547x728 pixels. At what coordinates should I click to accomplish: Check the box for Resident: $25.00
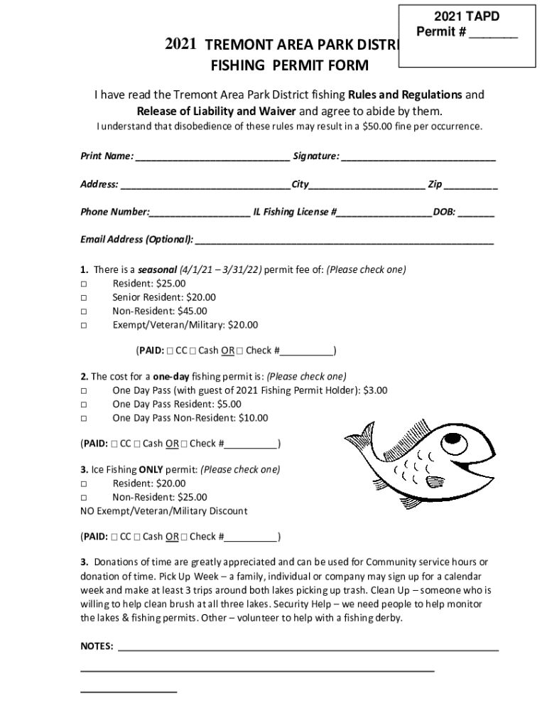(84, 284)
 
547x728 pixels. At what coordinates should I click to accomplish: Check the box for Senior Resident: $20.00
(84, 298)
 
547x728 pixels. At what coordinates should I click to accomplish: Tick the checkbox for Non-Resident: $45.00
(84, 311)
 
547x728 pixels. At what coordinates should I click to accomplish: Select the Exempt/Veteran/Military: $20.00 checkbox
(84, 326)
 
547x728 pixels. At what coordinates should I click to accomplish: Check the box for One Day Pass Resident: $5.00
(84, 405)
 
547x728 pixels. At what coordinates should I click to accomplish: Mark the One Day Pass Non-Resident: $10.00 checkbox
(84, 418)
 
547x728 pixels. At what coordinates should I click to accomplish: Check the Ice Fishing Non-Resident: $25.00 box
(84, 498)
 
